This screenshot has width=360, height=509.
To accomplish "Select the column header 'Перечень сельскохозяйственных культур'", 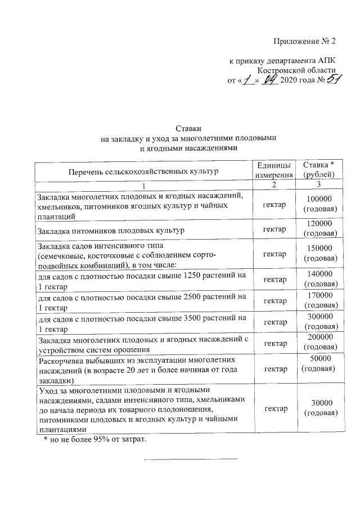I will coord(143,170).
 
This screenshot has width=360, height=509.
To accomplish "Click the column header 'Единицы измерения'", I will coord(274,170).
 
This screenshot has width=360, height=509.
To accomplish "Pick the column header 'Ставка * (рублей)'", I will coord(319,170).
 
